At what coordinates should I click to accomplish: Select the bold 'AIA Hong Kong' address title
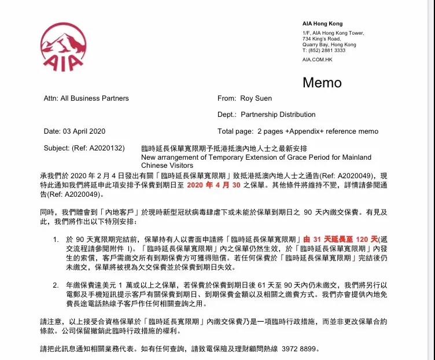pos(322,23)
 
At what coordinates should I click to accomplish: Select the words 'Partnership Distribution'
pos(278,115)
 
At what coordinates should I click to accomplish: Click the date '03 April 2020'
pos(84,131)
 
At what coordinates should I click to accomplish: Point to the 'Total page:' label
pos(234,131)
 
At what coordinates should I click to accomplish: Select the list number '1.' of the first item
pos(56,239)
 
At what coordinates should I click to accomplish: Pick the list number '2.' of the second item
pos(56,285)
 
